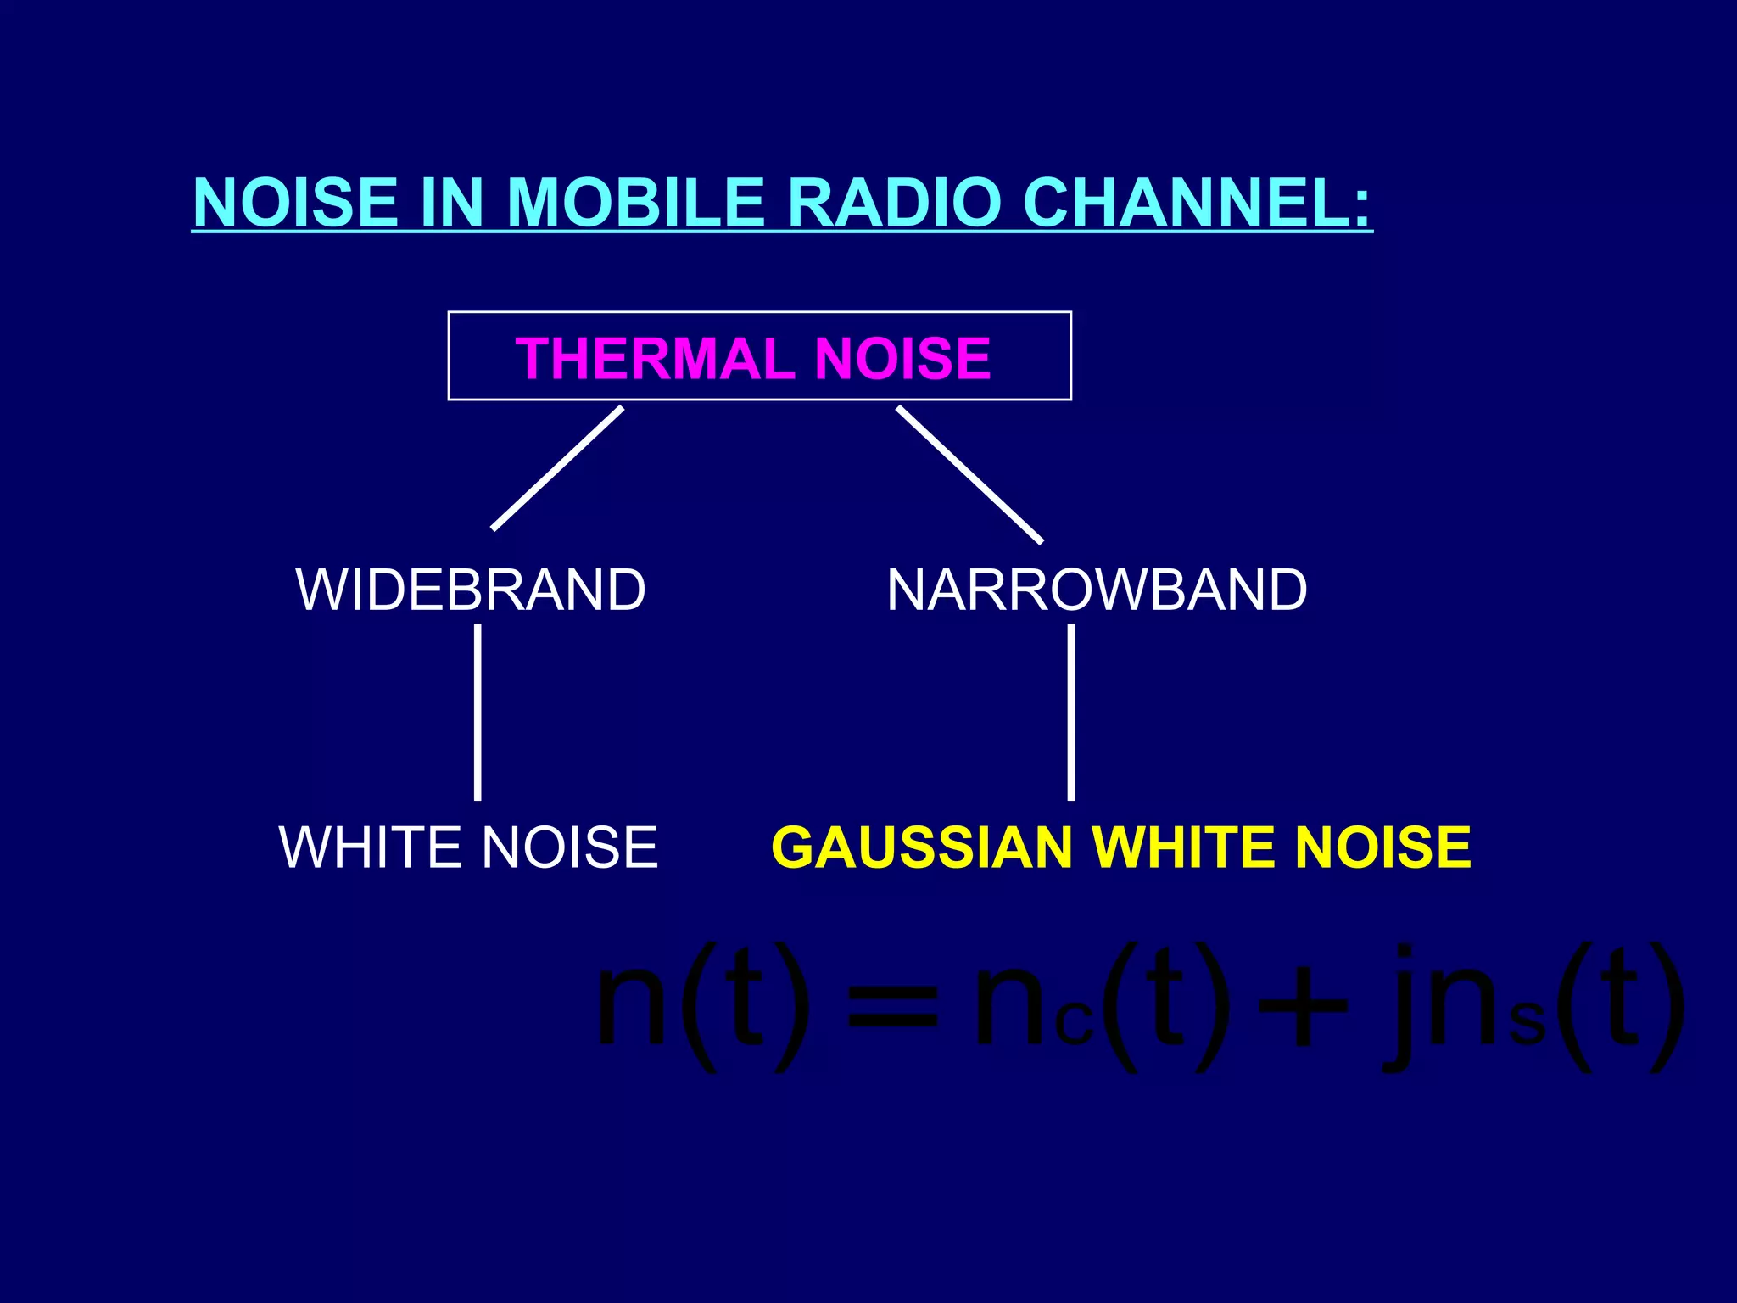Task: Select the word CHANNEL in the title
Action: (x=1196, y=203)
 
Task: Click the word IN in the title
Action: (x=452, y=203)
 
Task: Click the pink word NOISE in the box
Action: (x=902, y=358)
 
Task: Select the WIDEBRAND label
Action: (x=471, y=590)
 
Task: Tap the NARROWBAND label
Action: (x=1097, y=590)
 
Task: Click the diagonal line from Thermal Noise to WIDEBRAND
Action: (x=557, y=468)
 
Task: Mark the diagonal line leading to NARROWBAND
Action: (x=969, y=474)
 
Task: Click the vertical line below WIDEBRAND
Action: (x=478, y=713)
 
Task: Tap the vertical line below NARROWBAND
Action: (x=1071, y=713)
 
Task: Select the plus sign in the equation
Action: (x=1304, y=1009)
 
